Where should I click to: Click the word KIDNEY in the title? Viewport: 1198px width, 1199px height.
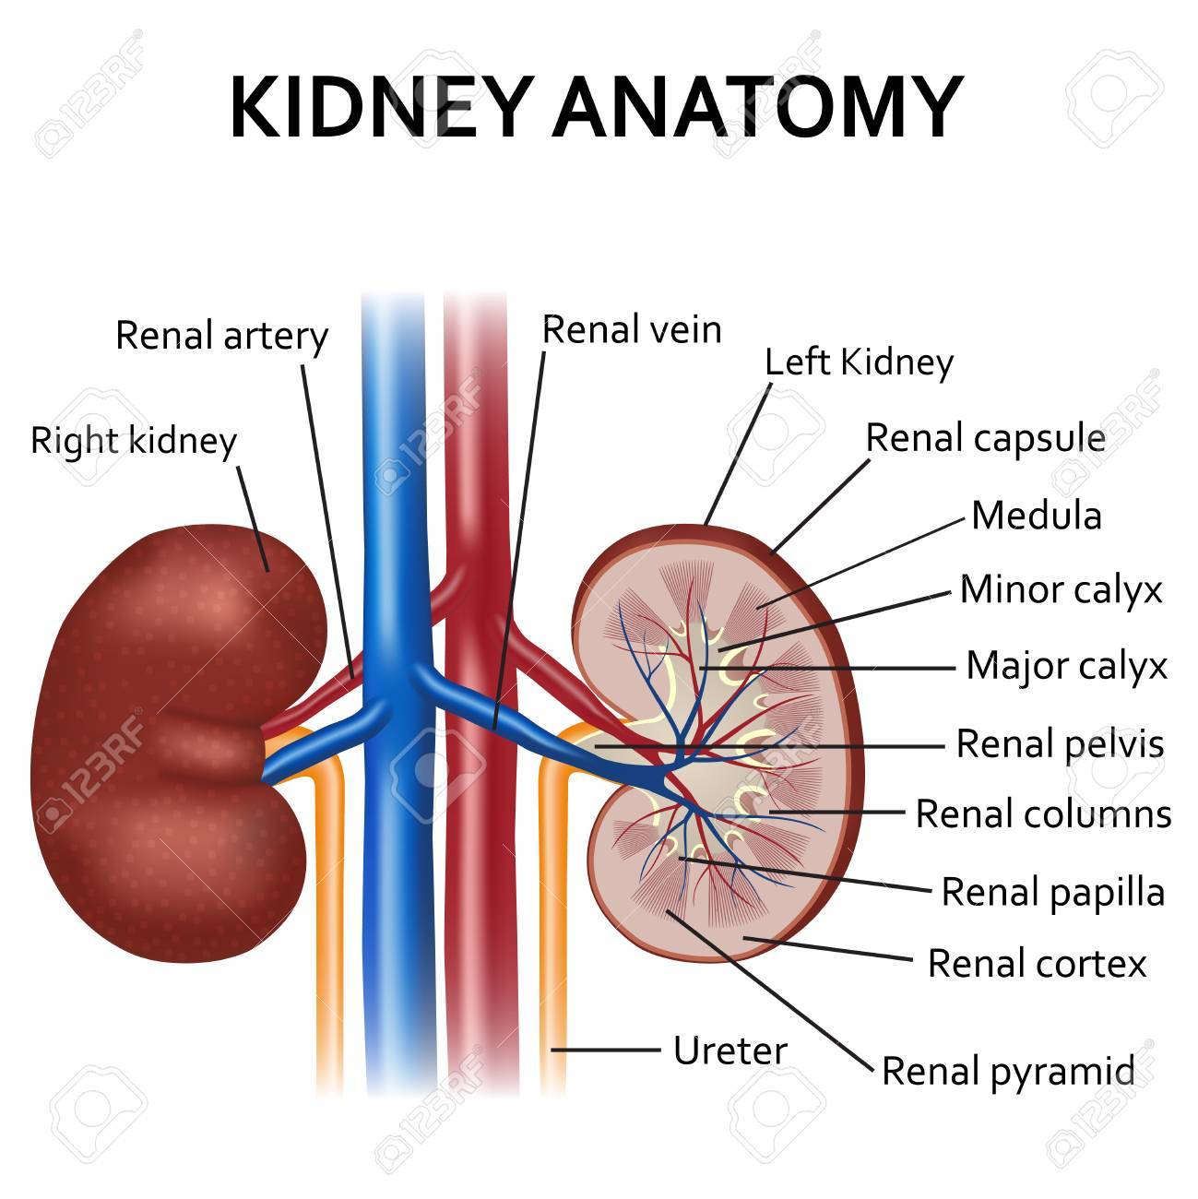(382, 106)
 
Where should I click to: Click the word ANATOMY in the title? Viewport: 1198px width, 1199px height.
(757, 106)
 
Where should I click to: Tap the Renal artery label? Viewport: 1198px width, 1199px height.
(221, 337)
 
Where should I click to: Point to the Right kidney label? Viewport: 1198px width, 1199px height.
(134, 441)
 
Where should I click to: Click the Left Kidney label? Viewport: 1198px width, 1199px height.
(859, 362)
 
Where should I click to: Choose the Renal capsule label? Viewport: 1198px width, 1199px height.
(986, 439)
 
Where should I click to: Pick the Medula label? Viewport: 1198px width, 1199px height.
(1037, 516)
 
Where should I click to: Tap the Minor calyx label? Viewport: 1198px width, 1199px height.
(1062, 589)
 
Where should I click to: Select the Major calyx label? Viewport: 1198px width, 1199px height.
(1067, 666)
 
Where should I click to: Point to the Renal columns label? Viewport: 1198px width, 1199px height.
(1044, 813)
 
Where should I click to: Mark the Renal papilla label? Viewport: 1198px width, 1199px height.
(1053, 893)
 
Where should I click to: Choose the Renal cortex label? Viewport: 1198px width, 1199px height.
(1037, 963)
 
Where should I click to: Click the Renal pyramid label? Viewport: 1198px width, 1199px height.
(1008, 1072)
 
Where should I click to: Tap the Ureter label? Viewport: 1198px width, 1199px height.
(730, 1051)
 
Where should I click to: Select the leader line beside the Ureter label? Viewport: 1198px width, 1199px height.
(605, 1051)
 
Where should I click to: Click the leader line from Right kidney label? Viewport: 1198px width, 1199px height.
(253, 518)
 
